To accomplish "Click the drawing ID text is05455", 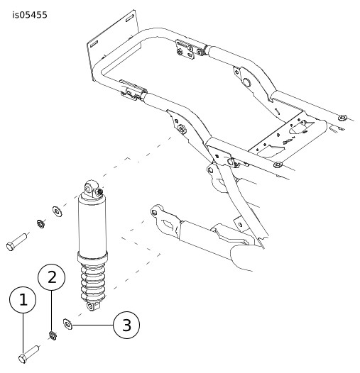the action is [30, 15].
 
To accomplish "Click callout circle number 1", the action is [23, 300].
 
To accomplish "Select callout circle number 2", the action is [51, 277].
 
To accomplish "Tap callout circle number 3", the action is [126, 325].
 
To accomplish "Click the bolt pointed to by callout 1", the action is [29, 355].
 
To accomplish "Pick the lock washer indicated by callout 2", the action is [53, 335].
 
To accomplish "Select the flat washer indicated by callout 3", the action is [68, 324].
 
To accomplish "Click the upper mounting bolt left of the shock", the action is [16, 242].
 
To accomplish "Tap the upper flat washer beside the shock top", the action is [58, 211].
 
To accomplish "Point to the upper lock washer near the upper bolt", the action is [40, 224].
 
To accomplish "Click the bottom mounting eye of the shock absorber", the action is [91, 306].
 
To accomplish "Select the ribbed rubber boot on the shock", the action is [92, 281].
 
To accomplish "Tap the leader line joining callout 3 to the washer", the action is [93, 325].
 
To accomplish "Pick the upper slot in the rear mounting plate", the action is [130, 18].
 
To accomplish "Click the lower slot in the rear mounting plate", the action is [94, 44].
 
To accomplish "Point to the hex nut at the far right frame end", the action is [342, 118].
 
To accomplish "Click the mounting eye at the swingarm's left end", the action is [155, 212].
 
